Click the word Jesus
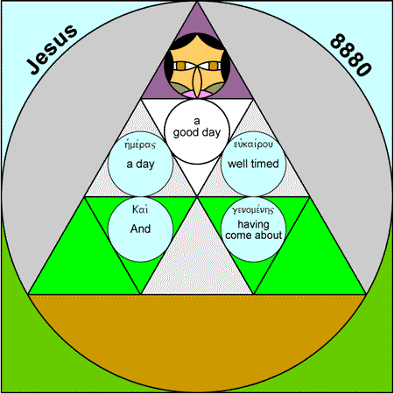click(x=53, y=49)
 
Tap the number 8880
click(x=351, y=55)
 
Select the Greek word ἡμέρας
click(x=140, y=144)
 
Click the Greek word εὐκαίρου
click(x=253, y=144)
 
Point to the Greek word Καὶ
click(x=140, y=209)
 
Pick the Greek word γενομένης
click(x=253, y=210)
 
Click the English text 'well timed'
click(x=253, y=164)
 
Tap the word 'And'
click(x=140, y=229)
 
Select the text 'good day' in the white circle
click(x=197, y=133)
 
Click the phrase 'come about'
click(x=253, y=236)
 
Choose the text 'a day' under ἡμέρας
click(x=140, y=165)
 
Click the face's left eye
click(x=180, y=66)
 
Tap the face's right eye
click(x=214, y=66)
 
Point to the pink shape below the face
click(x=197, y=94)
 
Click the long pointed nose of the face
click(x=197, y=80)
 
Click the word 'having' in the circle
click(x=253, y=225)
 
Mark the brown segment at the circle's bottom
click(x=197, y=335)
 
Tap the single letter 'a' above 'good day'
click(x=197, y=121)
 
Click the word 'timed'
click(x=264, y=164)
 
